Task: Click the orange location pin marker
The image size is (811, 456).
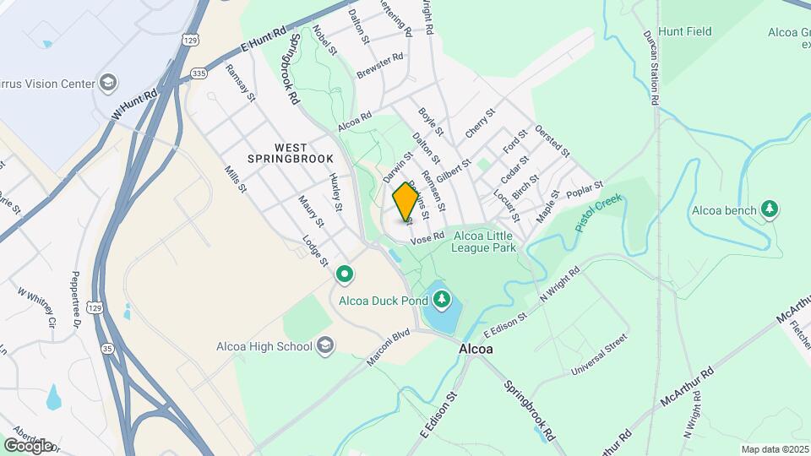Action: pyautogui.click(x=405, y=203)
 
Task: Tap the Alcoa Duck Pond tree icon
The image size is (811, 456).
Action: pyautogui.click(x=441, y=299)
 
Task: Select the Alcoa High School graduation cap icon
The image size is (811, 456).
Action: pyautogui.click(x=326, y=345)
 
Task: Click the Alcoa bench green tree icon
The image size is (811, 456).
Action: pyautogui.click(x=769, y=208)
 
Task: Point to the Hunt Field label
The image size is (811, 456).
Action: pyautogui.click(x=685, y=32)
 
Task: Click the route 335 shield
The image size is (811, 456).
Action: pyautogui.click(x=198, y=73)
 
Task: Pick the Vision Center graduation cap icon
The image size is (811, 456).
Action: pyautogui.click(x=107, y=83)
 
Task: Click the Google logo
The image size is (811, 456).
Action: pyautogui.click(x=29, y=445)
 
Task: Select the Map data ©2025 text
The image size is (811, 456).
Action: pyautogui.click(x=772, y=449)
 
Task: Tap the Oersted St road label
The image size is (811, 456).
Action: pyautogui.click(x=553, y=142)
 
